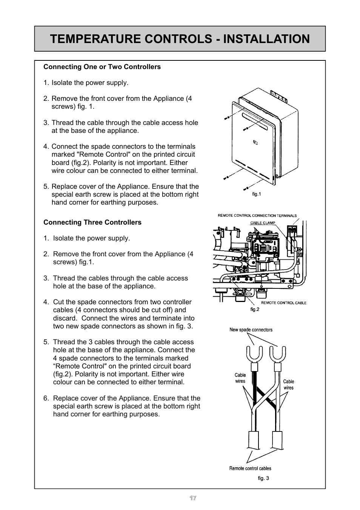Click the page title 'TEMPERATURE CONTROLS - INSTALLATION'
180,39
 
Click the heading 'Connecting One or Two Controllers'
102,67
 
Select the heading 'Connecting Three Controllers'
92,222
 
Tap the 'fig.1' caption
257,194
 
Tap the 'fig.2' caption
255,310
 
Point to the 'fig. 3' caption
263,478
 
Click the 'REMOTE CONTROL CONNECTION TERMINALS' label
257,216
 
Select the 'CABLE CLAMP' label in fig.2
263,223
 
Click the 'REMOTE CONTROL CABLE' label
284,303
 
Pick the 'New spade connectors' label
251,330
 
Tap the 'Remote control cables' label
250,468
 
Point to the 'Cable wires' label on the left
240,378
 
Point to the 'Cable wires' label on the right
288,385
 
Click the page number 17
193,498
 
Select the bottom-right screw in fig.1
246,188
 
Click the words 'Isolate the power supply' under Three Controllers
91,238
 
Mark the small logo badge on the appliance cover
255,143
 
